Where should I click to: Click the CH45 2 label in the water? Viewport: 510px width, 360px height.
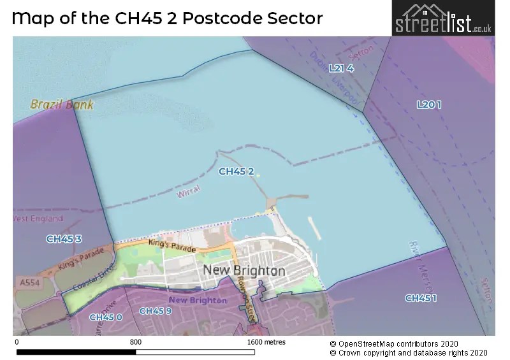[x=237, y=171]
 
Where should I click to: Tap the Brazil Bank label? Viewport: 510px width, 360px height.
[x=61, y=104]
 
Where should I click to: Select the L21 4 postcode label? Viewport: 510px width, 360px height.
[x=341, y=68]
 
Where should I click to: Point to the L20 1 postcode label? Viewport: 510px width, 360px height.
[x=428, y=104]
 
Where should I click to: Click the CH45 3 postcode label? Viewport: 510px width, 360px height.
[x=64, y=239]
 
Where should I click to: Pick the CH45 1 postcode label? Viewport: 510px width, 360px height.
[x=421, y=298]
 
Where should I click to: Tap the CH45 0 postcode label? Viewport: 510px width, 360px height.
[x=105, y=317]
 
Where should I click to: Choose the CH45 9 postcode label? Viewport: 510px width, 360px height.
[x=155, y=311]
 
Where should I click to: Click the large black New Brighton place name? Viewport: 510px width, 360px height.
[x=244, y=271]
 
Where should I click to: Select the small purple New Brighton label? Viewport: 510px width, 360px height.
[x=198, y=300]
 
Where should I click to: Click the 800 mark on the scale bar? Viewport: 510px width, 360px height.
[x=135, y=342]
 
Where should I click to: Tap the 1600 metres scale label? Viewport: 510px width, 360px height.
[x=266, y=342]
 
